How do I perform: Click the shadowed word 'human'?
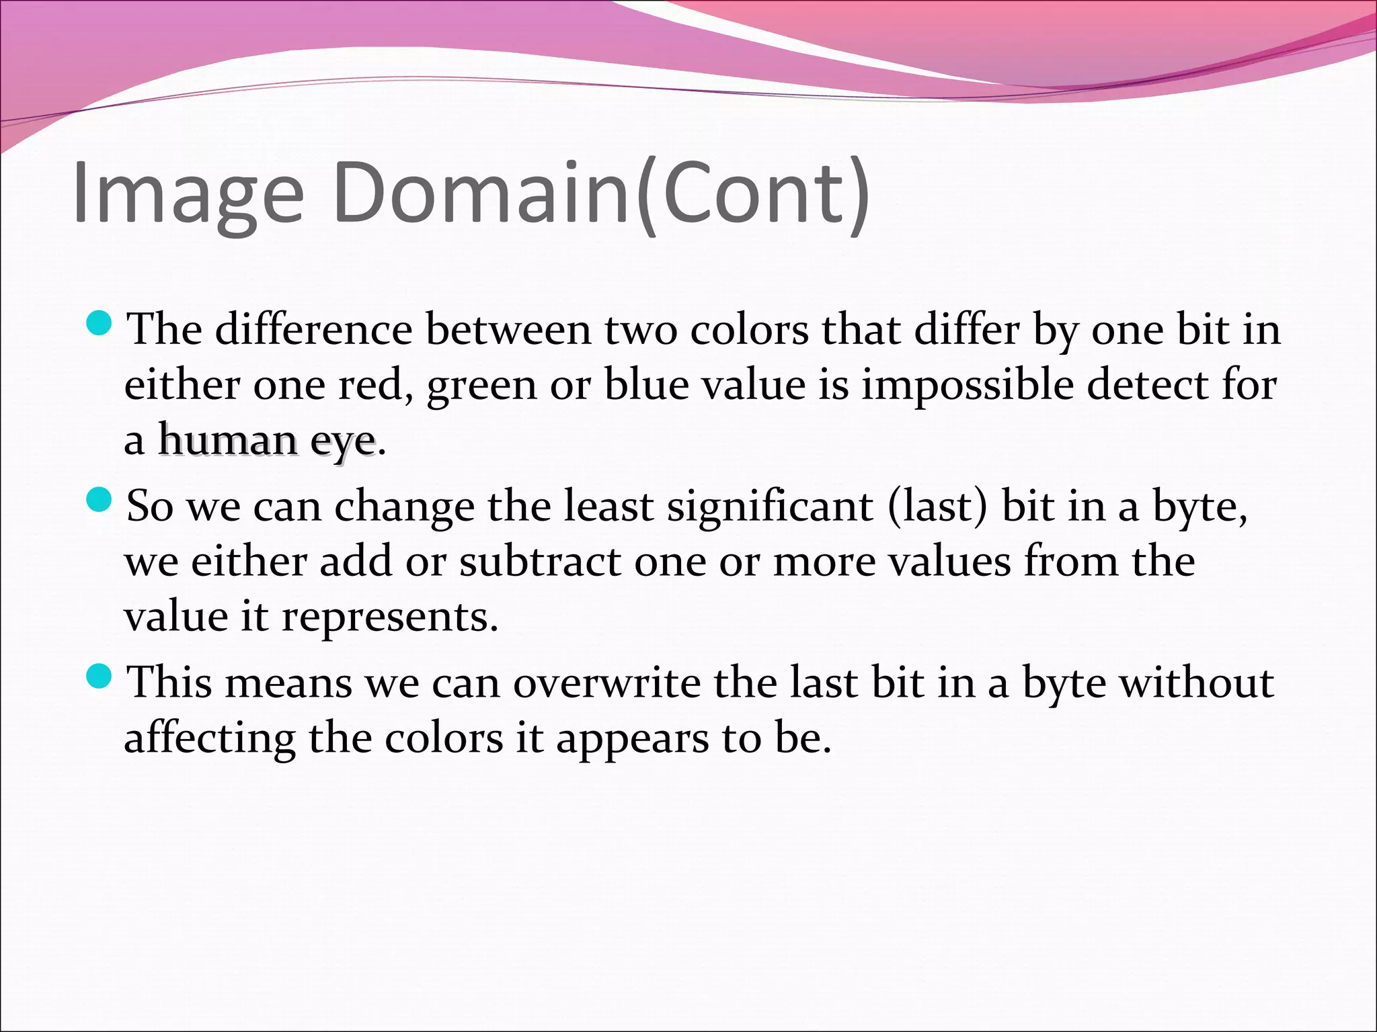pos(229,441)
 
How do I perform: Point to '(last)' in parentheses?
pos(937,507)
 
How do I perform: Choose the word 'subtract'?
pos(540,562)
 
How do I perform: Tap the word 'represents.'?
pos(389,618)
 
